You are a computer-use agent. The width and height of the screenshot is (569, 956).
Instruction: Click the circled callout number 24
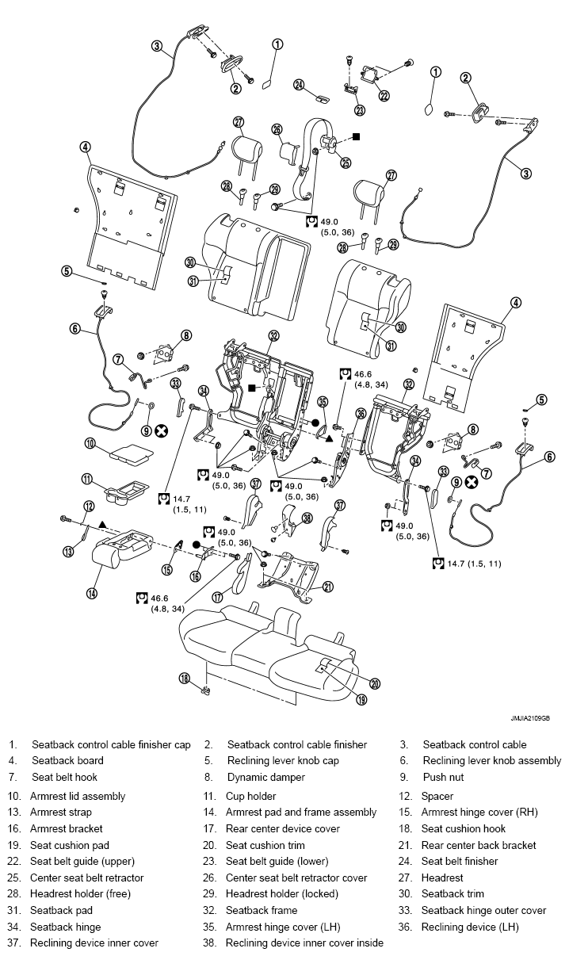(x=299, y=85)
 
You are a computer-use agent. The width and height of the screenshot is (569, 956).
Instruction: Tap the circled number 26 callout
(x=277, y=129)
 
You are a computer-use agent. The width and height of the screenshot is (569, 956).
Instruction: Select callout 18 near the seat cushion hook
(x=185, y=679)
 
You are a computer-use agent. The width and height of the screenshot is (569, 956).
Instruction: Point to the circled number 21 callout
(x=327, y=587)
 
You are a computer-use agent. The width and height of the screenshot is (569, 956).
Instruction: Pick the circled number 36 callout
(x=361, y=414)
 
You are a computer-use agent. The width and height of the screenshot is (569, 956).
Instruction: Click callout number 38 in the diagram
(x=307, y=518)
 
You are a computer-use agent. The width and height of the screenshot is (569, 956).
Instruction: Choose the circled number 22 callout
(x=384, y=95)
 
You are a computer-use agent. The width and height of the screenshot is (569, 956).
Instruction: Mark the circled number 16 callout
(x=195, y=576)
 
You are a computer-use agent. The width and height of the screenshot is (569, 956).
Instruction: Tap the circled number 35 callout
(x=323, y=402)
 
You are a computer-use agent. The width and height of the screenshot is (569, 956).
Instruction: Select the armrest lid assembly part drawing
(x=131, y=453)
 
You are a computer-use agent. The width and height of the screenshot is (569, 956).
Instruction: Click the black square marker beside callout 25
(x=356, y=136)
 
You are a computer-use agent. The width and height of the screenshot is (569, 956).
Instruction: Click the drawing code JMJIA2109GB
(x=530, y=718)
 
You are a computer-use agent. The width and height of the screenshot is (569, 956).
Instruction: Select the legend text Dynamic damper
(x=266, y=777)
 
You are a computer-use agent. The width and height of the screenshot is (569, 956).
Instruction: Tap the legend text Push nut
(x=443, y=777)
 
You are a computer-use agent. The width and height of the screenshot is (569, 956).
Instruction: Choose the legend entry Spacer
(x=437, y=797)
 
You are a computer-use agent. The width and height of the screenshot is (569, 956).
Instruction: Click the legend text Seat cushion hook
(x=464, y=828)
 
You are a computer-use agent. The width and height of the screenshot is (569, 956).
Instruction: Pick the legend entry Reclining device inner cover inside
(x=304, y=943)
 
